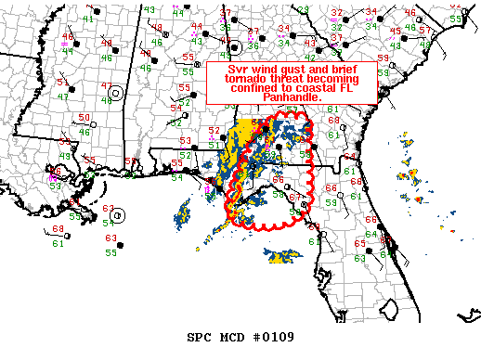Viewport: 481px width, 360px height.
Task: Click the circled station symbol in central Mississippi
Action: [x=116, y=93]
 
